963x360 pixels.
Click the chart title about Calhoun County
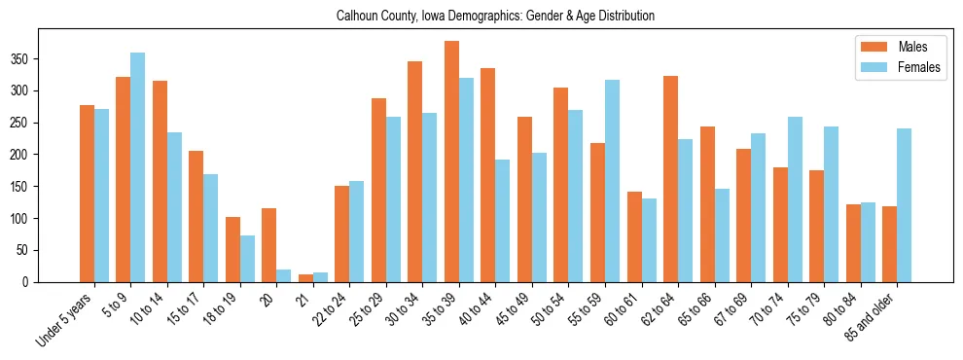click(495, 17)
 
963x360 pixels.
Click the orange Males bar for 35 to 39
click(451, 162)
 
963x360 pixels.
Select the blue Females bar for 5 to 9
click(138, 167)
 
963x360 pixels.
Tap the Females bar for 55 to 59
click(612, 181)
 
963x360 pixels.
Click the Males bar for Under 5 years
click(87, 194)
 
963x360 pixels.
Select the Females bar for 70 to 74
click(795, 199)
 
